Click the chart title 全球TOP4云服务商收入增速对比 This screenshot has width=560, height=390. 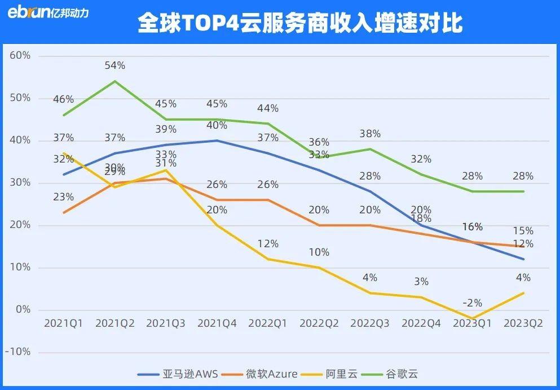tap(299, 24)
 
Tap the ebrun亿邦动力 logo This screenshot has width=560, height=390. tap(48, 13)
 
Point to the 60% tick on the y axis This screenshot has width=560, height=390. tap(20, 56)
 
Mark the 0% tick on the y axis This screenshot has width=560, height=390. tap(23, 310)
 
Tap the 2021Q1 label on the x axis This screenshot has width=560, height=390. tap(63, 323)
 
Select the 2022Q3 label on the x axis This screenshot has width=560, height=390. tap(370, 323)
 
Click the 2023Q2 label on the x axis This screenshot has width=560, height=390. tap(523, 323)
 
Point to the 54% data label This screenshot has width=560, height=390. tap(114, 65)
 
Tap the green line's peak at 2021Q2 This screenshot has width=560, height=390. tap(114, 81)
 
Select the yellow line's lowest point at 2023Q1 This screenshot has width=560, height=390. tap(472, 318)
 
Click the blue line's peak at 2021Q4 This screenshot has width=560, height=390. tap(217, 141)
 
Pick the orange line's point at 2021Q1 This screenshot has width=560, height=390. tap(64, 213)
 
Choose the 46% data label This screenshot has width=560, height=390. tap(63, 99)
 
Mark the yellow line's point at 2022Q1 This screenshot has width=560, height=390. tap(268, 259)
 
